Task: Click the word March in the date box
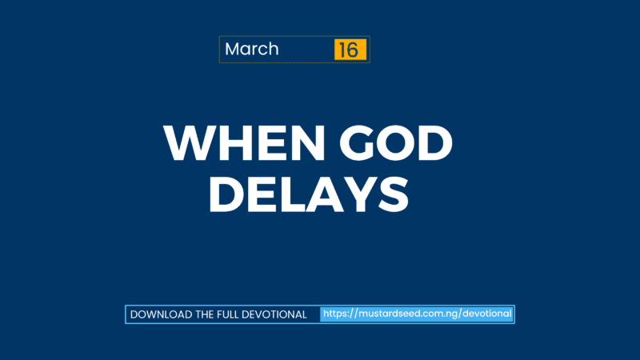251,50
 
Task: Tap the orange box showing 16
350,50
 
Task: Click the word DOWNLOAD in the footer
160,314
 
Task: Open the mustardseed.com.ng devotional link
417,314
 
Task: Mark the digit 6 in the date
354,50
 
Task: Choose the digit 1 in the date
343,50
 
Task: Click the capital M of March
233,50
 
